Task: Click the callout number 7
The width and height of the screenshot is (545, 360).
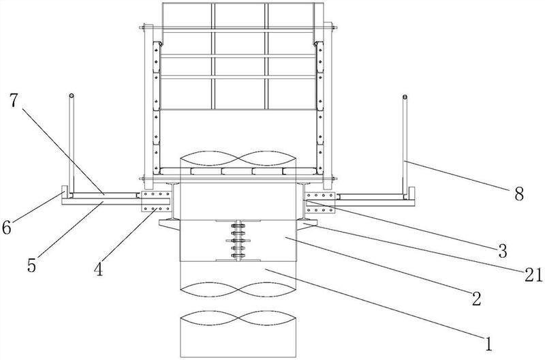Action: click(x=13, y=101)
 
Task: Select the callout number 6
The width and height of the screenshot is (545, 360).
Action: click(x=7, y=228)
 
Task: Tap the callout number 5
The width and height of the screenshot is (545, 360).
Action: click(x=32, y=265)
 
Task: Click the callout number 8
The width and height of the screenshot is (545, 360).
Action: click(x=519, y=194)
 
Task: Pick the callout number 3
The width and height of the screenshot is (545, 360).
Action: click(x=502, y=251)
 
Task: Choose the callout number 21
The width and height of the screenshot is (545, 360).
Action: click(x=533, y=275)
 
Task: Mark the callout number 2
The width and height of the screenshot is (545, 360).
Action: click(x=476, y=298)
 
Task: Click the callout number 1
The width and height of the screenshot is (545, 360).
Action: click(x=488, y=344)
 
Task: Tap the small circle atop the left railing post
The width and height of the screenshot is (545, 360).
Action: click(x=72, y=95)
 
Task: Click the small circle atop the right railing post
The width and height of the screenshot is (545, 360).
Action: click(x=405, y=97)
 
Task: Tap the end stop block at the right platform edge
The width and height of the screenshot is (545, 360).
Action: click(x=411, y=194)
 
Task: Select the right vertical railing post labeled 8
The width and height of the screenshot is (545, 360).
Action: click(x=405, y=145)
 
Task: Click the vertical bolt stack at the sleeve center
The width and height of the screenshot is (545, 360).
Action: click(x=238, y=241)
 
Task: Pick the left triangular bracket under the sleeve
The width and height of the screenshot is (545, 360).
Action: click(x=170, y=224)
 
